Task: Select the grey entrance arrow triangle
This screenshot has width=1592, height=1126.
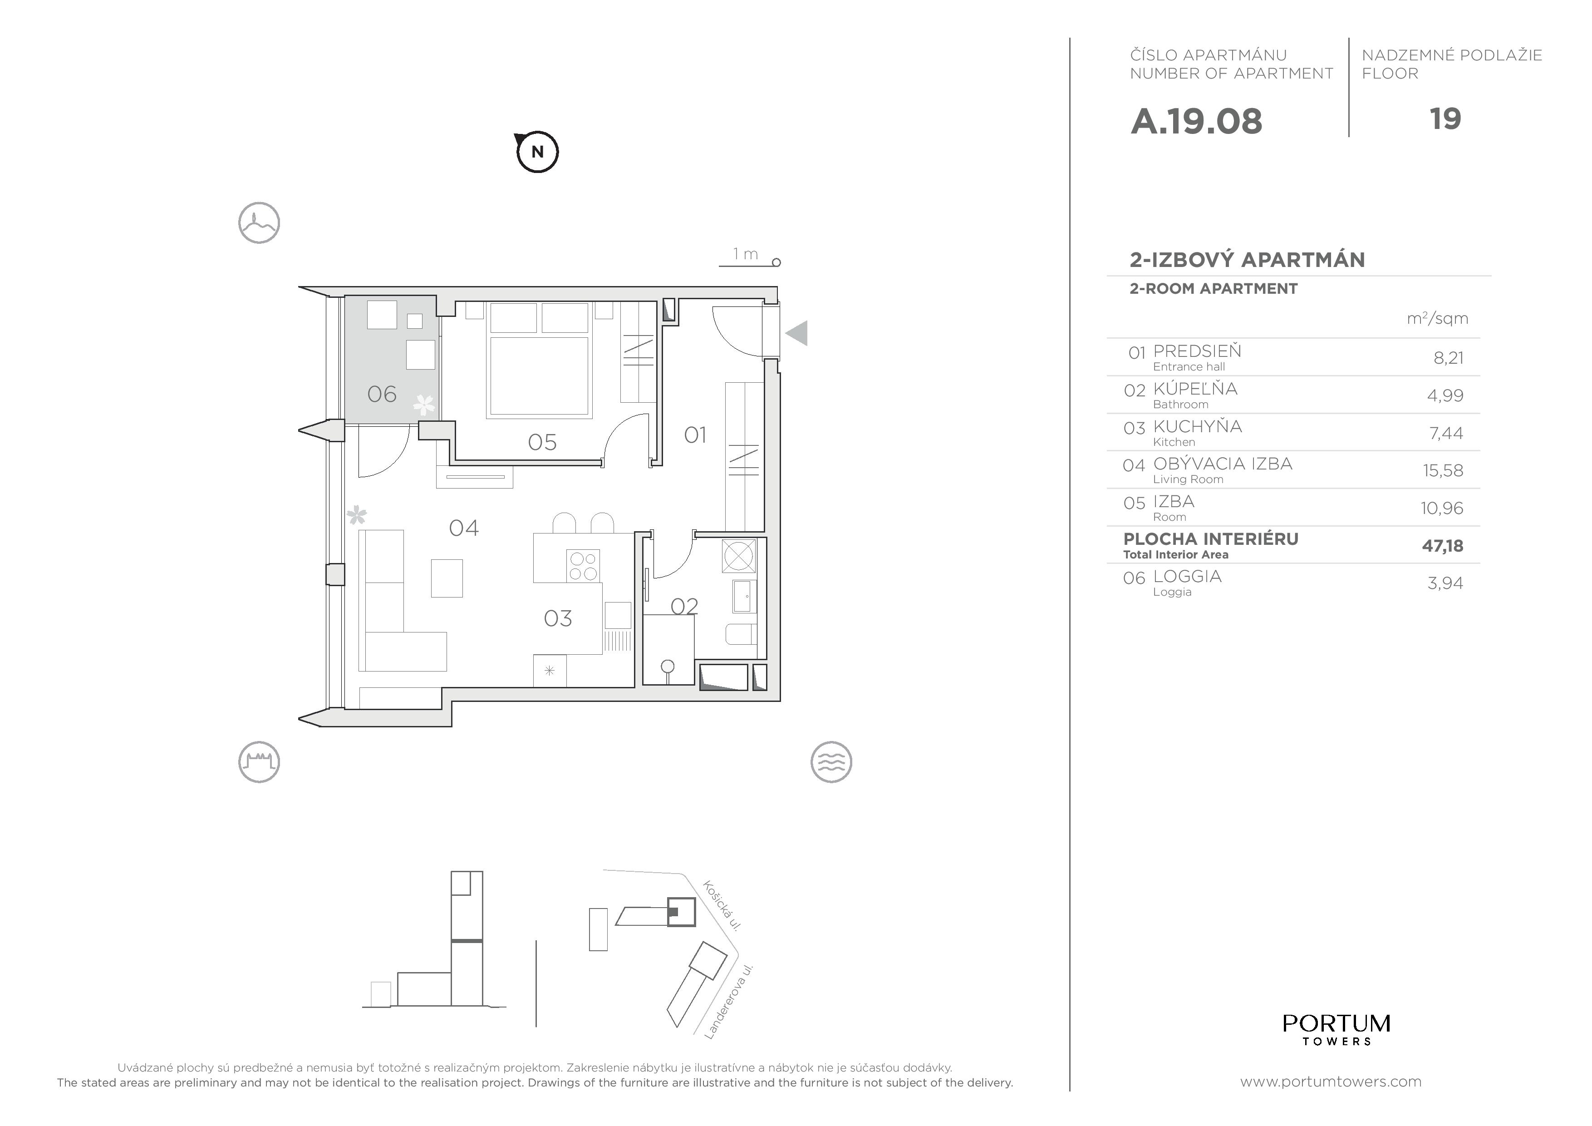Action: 797,333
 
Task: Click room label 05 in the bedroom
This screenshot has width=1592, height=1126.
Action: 542,442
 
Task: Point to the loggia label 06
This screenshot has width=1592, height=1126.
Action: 381,394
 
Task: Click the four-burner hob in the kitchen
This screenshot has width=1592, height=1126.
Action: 582,565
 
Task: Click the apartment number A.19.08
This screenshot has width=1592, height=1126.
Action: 1196,121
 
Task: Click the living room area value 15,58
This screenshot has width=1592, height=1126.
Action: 1443,470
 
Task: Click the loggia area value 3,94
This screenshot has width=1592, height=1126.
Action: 1445,583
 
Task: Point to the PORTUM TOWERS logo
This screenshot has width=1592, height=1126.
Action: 1336,1029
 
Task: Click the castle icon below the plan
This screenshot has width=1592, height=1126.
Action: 259,762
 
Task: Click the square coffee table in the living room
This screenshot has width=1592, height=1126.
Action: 447,578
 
